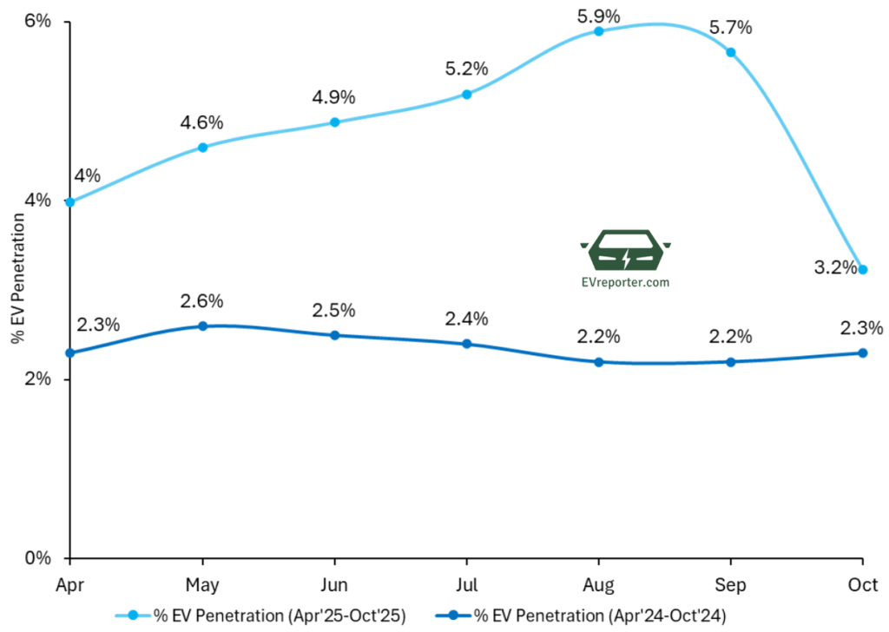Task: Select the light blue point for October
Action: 862,269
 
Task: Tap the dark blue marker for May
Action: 202,326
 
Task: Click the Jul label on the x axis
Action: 466,584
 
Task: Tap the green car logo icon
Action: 625,252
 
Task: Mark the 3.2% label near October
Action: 833,267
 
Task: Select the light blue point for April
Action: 70,202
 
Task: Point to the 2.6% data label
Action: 202,301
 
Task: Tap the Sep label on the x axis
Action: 730,584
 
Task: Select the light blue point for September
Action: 730,52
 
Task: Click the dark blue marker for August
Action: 598,362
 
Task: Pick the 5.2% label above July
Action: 466,69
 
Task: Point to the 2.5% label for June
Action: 334,311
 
